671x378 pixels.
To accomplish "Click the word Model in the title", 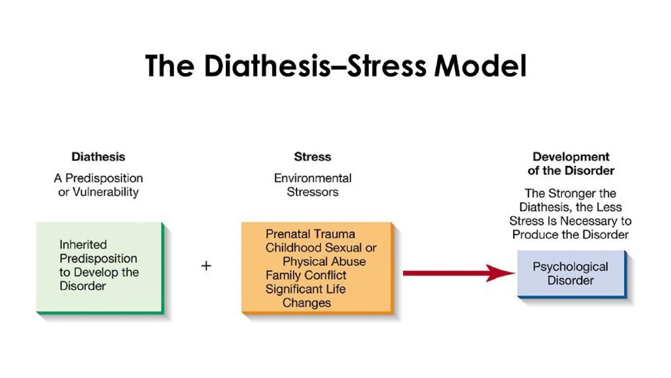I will (x=480, y=66).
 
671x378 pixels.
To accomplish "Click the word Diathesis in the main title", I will (x=267, y=66).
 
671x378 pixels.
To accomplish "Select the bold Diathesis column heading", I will (x=98, y=157).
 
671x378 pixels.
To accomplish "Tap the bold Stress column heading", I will (x=313, y=157).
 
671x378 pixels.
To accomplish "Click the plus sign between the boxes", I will (x=206, y=266).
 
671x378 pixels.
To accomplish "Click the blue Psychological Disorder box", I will (x=571, y=274).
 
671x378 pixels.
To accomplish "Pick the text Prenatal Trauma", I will (x=310, y=234).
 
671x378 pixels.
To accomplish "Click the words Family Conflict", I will (x=306, y=275).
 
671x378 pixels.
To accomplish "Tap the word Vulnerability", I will (x=105, y=192).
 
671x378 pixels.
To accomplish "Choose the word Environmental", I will (x=313, y=178).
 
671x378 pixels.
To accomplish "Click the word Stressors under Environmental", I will (x=313, y=192).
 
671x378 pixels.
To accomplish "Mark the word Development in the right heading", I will (x=571, y=157).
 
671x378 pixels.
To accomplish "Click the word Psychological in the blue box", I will (x=570, y=267).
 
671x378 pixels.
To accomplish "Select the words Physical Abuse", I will (x=324, y=262).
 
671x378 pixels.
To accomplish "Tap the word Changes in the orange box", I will (x=307, y=303).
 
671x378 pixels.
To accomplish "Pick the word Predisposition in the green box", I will (x=98, y=259).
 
